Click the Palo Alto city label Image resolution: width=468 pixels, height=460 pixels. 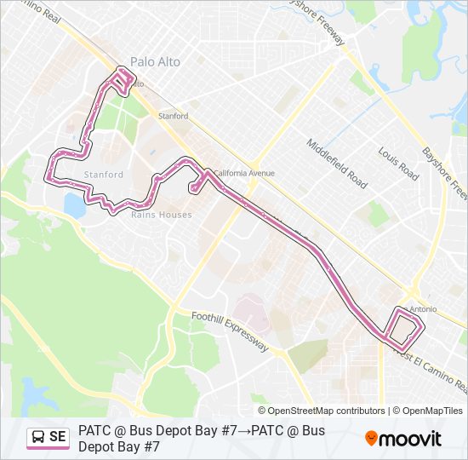click(155, 61)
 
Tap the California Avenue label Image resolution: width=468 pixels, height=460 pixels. click(244, 173)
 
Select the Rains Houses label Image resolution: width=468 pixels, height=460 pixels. click(161, 215)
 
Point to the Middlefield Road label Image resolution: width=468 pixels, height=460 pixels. click(338, 164)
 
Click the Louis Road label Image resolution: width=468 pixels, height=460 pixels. click(399, 163)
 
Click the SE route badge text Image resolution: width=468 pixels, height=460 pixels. click(58, 437)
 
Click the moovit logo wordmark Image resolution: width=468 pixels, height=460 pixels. click(411, 439)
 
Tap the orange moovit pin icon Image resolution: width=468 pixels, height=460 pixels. click(371, 439)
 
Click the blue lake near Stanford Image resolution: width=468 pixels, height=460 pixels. click(75, 205)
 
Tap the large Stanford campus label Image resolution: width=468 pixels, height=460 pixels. click(104, 175)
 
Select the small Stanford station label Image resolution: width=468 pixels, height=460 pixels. click(173, 116)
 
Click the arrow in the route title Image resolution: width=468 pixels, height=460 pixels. click(243, 431)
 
